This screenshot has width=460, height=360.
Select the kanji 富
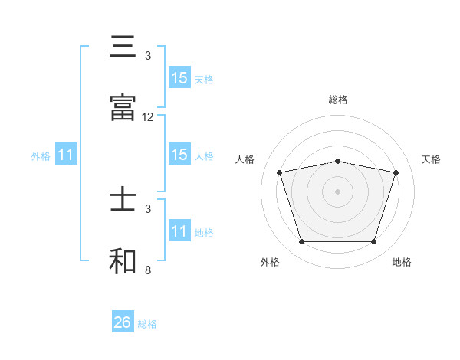[123, 109]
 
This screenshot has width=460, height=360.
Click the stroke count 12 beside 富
[148, 117]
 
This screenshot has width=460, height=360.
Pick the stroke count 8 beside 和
[148, 270]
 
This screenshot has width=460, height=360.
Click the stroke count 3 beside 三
[148, 56]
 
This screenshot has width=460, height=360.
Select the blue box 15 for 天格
[179, 78]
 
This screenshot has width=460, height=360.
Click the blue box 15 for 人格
[179, 155]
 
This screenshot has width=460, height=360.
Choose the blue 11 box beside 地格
[179, 231]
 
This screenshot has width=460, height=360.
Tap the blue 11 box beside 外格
[66, 155]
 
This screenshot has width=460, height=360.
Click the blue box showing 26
[123, 322]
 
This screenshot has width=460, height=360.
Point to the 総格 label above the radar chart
[338, 100]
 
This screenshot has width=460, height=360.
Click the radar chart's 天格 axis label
[432, 159]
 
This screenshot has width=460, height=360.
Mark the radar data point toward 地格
[373, 242]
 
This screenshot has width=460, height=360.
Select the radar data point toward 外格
[301, 242]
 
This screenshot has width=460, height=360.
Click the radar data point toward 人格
[279, 172]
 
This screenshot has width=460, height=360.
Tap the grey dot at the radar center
[337, 191]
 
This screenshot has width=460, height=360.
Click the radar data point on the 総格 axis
[337, 161]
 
